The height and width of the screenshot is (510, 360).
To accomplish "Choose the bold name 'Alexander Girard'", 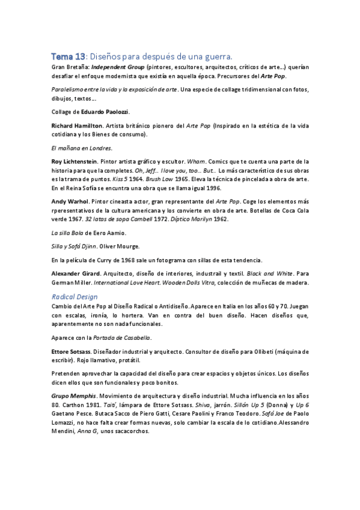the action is (76, 273).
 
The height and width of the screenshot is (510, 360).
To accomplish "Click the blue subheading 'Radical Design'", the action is (74, 296).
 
